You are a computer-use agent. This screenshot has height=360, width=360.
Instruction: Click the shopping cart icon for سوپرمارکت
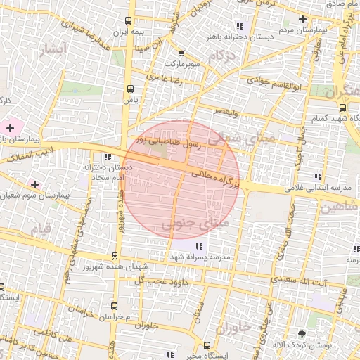[181, 53]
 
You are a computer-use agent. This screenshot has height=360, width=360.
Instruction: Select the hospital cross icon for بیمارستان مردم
[302, 19]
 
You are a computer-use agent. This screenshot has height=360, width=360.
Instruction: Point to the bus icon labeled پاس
[129, 89]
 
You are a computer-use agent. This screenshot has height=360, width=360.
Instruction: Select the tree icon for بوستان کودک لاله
[302, 334]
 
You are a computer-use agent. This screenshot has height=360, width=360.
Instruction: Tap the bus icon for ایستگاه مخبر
[207, 345]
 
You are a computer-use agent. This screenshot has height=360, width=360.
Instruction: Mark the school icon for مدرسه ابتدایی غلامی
[318, 176]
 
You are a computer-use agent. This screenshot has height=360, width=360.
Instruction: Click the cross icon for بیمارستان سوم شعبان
[34, 184]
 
